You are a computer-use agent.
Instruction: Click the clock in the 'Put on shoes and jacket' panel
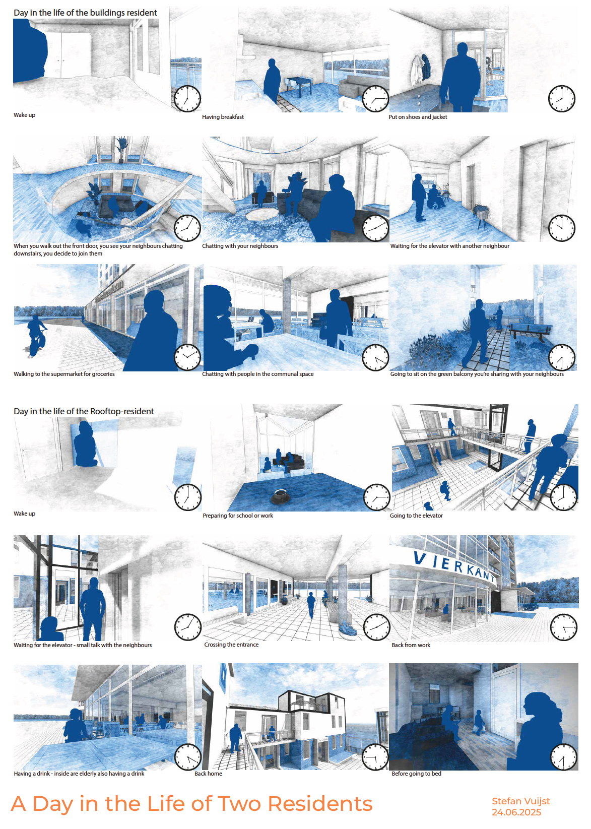pos(561,99)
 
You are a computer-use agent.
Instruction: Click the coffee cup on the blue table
pos(281,496)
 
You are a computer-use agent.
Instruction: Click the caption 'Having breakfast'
pos(223,117)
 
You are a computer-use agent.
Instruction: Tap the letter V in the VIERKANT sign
pos(419,558)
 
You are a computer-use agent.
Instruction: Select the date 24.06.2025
pos(516,812)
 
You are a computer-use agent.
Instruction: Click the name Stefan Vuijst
pos(520,801)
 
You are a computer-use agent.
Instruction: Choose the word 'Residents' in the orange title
pos(320,804)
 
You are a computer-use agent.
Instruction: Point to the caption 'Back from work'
pos(411,645)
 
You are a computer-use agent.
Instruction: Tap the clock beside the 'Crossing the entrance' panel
pos(376,627)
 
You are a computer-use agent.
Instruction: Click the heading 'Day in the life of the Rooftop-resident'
pos(84,411)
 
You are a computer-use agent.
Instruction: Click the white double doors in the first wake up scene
pos(63,56)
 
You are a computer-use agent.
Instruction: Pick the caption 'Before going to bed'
pos(416,774)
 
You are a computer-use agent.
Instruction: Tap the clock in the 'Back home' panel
pos(374,757)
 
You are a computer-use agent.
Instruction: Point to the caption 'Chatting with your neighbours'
pos(240,246)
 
